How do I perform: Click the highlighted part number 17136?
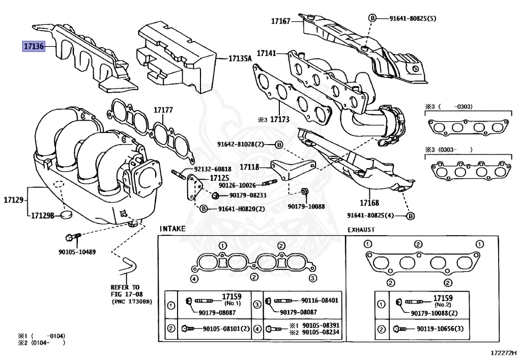[34, 46]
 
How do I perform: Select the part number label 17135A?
[240, 59]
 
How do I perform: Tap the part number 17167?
[280, 21]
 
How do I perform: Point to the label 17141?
[266, 53]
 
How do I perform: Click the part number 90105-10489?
[77, 252]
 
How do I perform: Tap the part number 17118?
[250, 167]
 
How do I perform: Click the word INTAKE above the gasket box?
[172, 229]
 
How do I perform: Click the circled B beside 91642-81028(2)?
[279, 145]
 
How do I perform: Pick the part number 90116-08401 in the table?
[320, 301]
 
